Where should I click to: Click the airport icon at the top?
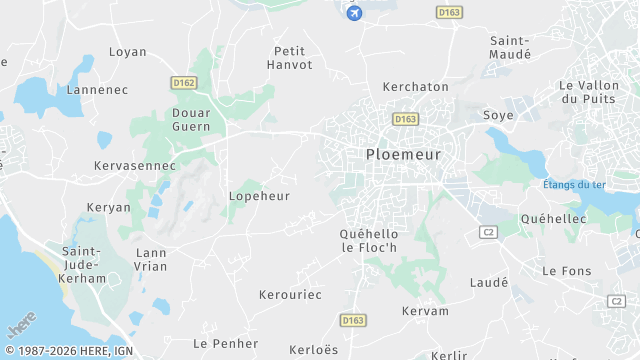tap(353, 12)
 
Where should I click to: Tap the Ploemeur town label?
tap(403, 154)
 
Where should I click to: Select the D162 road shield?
tap(183, 83)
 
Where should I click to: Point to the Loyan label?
tap(127, 52)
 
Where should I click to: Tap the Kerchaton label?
tap(416, 87)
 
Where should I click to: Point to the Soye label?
tap(498, 115)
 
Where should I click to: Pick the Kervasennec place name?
tap(134, 164)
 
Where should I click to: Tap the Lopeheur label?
tap(259, 196)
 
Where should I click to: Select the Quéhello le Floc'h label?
tap(370, 240)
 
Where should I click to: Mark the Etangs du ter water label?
tap(574, 185)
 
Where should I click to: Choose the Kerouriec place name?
tap(290, 296)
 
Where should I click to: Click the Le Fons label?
tap(567, 271)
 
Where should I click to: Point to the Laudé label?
tap(489, 283)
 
